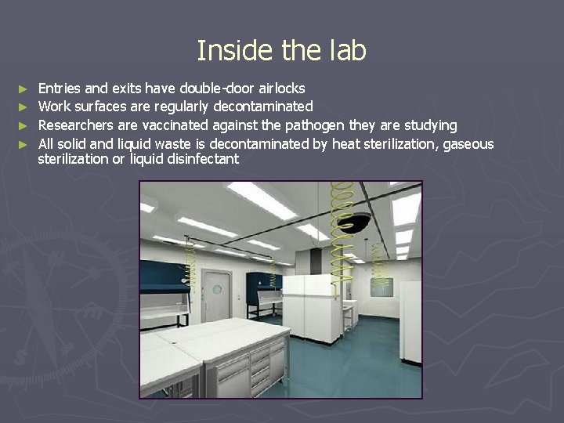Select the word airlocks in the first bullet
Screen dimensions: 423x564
coord(282,89)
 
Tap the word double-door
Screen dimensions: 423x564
coord(217,89)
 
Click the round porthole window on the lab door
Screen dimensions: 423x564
coord(217,290)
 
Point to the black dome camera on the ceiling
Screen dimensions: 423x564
coord(356,222)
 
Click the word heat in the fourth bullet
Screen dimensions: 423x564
coord(344,143)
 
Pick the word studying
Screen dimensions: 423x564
coord(429,125)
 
